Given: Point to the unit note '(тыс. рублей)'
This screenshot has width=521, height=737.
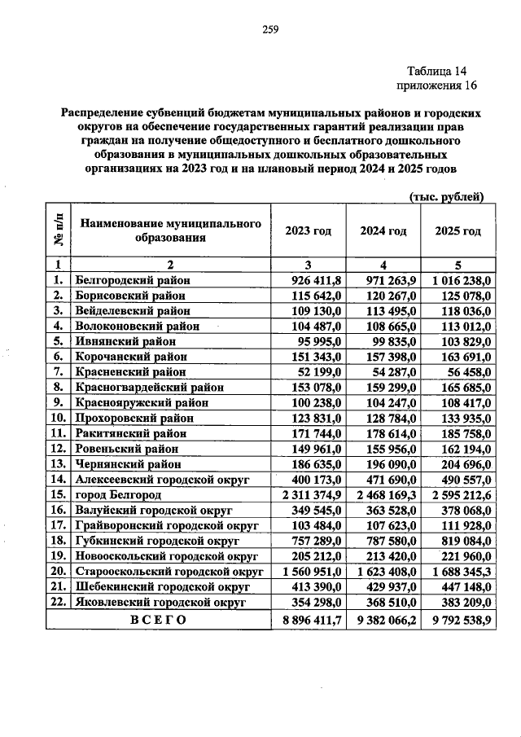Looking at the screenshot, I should tap(445, 195).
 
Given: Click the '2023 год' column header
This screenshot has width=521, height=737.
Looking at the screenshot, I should tap(308, 230).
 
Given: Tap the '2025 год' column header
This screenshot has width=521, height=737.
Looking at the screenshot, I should tap(458, 230).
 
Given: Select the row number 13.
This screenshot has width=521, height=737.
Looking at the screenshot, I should tap(57, 464).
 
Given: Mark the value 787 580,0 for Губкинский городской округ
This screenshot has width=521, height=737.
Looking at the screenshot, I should tap(390, 541).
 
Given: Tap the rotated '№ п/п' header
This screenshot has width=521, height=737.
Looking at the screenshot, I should tap(58, 230).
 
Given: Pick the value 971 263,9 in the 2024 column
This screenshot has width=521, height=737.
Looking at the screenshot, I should tap(390, 280).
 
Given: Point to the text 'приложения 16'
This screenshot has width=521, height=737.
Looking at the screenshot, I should tap(435, 86).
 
